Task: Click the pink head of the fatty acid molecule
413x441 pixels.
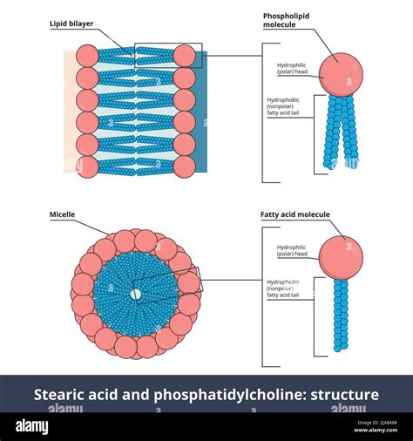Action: click(341, 254)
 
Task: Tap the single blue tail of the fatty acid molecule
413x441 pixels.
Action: click(341, 314)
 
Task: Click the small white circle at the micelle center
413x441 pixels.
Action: click(135, 295)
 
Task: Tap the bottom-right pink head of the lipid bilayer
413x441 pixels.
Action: click(184, 166)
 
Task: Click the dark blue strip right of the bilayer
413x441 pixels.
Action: click(202, 113)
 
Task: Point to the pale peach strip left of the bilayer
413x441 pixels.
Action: click(69, 113)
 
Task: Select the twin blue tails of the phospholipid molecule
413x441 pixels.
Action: click(341, 131)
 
